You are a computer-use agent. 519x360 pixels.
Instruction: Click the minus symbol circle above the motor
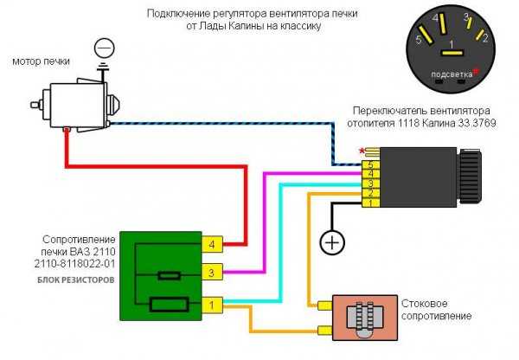point(105,48)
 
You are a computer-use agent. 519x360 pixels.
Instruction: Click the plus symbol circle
point(332,243)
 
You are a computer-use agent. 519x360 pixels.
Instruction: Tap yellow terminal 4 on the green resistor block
point(212,245)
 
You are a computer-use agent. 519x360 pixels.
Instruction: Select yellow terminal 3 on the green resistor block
point(212,273)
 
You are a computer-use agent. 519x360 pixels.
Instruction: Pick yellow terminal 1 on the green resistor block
point(212,305)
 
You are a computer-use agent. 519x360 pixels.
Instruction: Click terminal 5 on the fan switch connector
point(371,165)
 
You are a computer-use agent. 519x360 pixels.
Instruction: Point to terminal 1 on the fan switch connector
point(371,202)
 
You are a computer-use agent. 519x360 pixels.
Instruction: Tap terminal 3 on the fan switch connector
point(371,183)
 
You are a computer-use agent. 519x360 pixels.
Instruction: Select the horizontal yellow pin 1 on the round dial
point(452,53)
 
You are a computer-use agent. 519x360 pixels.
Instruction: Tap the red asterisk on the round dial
point(476,71)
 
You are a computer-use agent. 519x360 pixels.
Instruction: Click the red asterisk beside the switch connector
point(362,151)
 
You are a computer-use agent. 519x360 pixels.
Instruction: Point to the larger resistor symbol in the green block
point(170,305)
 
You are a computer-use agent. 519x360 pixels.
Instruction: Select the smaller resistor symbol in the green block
point(170,275)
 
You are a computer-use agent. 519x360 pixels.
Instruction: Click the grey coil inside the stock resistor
point(364,318)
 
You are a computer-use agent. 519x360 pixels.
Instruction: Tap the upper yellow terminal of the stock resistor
point(324,305)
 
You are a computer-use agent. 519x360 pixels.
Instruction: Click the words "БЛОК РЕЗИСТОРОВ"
point(76,280)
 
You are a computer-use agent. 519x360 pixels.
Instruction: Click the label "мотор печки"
point(41,61)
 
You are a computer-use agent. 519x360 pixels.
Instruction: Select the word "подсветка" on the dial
point(452,74)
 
